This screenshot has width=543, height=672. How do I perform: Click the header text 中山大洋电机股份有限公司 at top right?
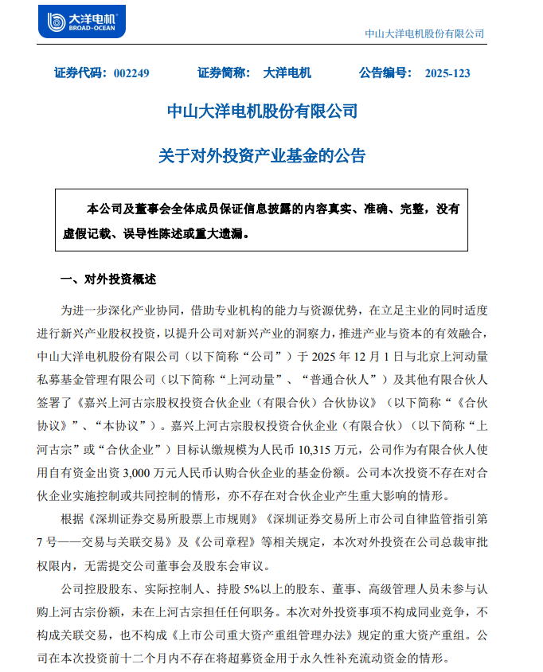(x=424, y=33)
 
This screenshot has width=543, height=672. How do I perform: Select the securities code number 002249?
(x=131, y=73)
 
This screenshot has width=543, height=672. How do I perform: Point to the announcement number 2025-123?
(x=447, y=73)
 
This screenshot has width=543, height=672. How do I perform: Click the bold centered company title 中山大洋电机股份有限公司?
(x=262, y=111)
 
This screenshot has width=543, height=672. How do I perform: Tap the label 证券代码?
(x=80, y=73)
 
